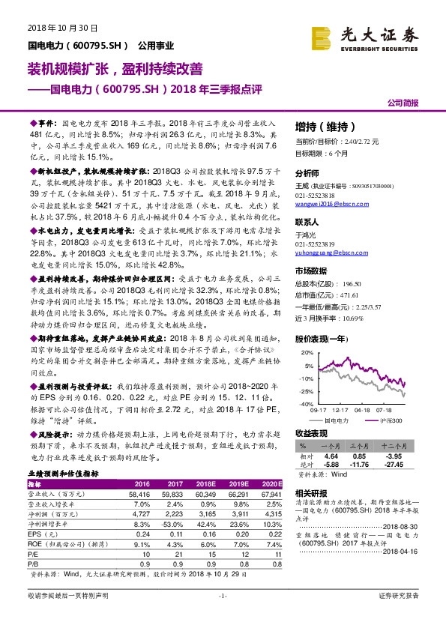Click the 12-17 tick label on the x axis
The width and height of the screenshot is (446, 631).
[340, 410]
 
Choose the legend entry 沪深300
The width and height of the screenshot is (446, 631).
[393, 420]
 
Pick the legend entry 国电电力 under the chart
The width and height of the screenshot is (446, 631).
[352, 420]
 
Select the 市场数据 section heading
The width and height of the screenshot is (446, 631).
[311, 271]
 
